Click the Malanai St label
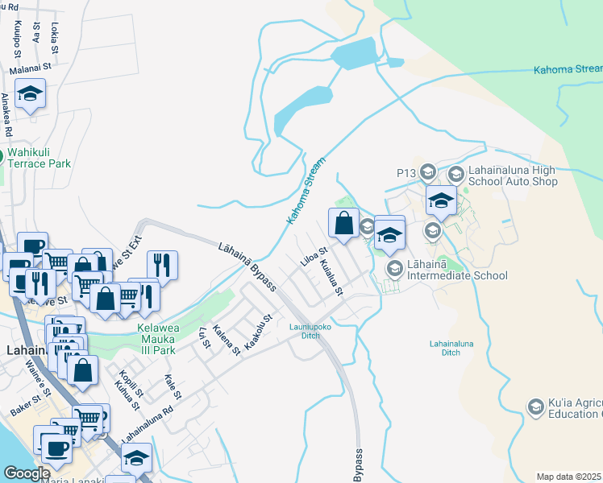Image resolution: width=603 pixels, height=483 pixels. [31, 70]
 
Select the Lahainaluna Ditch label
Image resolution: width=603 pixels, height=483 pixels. [456, 348]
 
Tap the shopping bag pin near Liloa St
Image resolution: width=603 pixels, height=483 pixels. [343, 222]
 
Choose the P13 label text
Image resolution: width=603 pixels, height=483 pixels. [405, 172]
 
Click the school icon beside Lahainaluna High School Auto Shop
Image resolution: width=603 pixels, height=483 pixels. [455, 173]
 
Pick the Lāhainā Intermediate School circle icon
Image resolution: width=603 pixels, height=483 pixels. [394, 268]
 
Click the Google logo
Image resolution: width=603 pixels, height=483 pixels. [27, 473]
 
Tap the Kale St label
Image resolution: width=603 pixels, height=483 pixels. [171, 386]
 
